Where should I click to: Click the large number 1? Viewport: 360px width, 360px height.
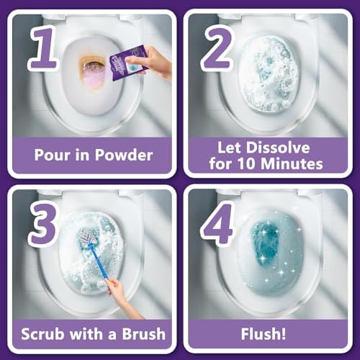click(x=44, y=49)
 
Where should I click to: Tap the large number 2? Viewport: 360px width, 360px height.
click(x=217, y=48)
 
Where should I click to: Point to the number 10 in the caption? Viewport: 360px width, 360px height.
click(x=247, y=164)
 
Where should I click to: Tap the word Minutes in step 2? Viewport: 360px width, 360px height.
click(x=292, y=164)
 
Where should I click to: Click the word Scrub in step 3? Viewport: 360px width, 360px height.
click(x=42, y=334)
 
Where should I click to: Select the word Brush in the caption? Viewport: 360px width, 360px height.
click(x=144, y=334)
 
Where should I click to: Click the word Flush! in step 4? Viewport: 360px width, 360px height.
click(x=264, y=334)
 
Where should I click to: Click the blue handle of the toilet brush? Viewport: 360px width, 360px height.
click(x=99, y=261)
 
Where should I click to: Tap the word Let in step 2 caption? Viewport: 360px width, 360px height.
click(x=228, y=148)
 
